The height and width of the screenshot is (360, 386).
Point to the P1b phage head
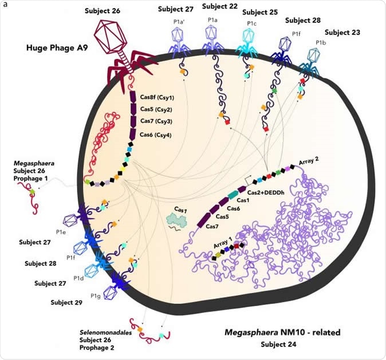314,56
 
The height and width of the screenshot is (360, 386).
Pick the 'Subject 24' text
279,345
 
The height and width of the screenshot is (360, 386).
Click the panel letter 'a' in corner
3,3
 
